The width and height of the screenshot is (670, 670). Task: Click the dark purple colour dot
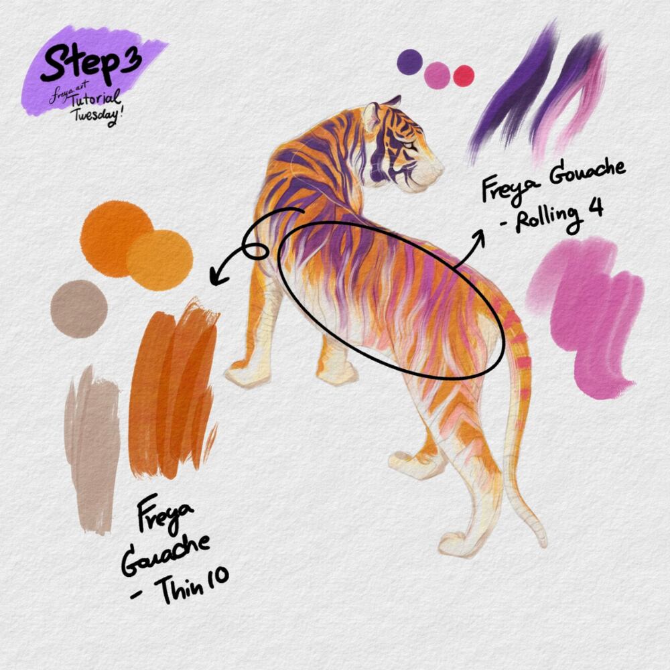[x=410, y=62]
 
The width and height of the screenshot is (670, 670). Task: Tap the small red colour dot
[x=464, y=76]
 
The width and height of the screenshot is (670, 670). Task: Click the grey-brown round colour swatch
[x=79, y=309]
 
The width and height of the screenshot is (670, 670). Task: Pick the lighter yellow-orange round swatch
[x=160, y=260]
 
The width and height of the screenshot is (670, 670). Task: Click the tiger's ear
[x=371, y=115]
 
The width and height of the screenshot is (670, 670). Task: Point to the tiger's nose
[x=441, y=165]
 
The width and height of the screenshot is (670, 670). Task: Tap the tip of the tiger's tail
[x=543, y=544]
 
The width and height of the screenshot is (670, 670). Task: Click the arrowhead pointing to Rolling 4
[x=480, y=236]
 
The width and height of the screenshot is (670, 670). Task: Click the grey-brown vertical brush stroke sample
[x=91, y=449]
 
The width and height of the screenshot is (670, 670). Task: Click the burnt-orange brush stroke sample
[x=173, y=391]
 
